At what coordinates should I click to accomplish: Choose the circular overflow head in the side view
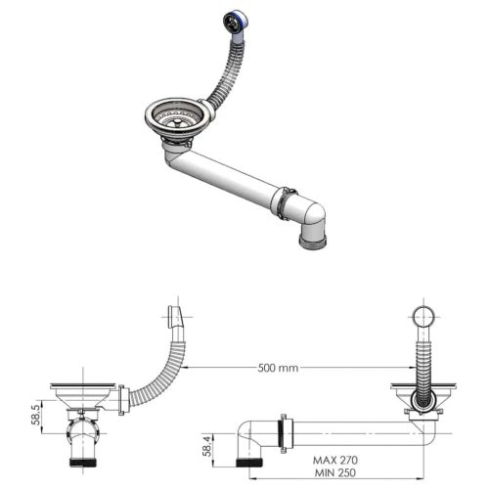coord(424,318)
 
